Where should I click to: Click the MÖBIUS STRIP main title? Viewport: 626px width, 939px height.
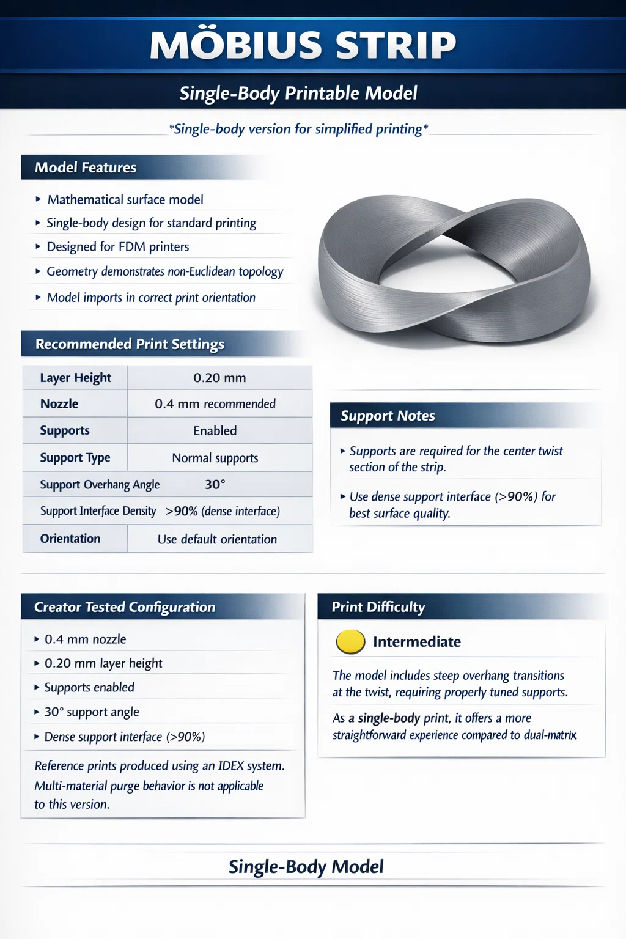click(303, 45)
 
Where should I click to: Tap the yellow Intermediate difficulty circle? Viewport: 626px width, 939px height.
click(350, 642)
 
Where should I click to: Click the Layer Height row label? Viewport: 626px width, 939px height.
click(75, 378)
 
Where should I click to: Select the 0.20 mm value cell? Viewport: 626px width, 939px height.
click(219, 378)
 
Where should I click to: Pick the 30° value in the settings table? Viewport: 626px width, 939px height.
click(215, 484)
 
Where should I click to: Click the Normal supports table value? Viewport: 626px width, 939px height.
click(215, 458)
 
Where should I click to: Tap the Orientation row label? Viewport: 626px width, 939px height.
click(70, 539)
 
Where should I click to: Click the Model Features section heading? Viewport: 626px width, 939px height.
click(86, 168)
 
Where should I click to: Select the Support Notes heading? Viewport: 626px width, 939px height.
click(388, 416)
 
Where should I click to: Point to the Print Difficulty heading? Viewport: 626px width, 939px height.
click(378, 607)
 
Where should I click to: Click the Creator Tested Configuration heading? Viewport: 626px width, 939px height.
click(125, 607)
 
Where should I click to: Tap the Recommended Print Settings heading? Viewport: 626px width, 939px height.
click(130, 344)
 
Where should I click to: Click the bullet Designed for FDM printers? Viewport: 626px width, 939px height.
click(118, 247)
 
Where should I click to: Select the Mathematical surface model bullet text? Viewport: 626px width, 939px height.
click(125, 200)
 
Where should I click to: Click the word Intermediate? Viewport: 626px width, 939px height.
click(417, 642)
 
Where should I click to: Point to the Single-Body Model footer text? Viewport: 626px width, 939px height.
click(306, 866)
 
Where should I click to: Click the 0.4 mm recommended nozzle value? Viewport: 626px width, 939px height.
click(215, 404)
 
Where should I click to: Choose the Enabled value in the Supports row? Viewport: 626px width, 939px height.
click(215, 431)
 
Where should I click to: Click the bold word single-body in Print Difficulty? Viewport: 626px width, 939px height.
click(389, 718)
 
